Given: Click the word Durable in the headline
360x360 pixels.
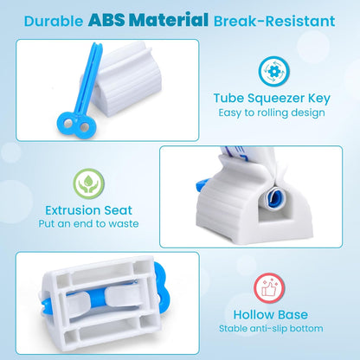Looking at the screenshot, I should pos(54,18).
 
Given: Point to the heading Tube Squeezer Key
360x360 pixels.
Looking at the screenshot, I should pos(272,99).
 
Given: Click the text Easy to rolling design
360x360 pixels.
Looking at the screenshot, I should pos(272,113).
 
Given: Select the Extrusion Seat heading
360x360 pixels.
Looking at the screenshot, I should pos(90,209).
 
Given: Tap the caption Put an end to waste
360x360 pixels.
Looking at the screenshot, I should pos(90,224).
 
